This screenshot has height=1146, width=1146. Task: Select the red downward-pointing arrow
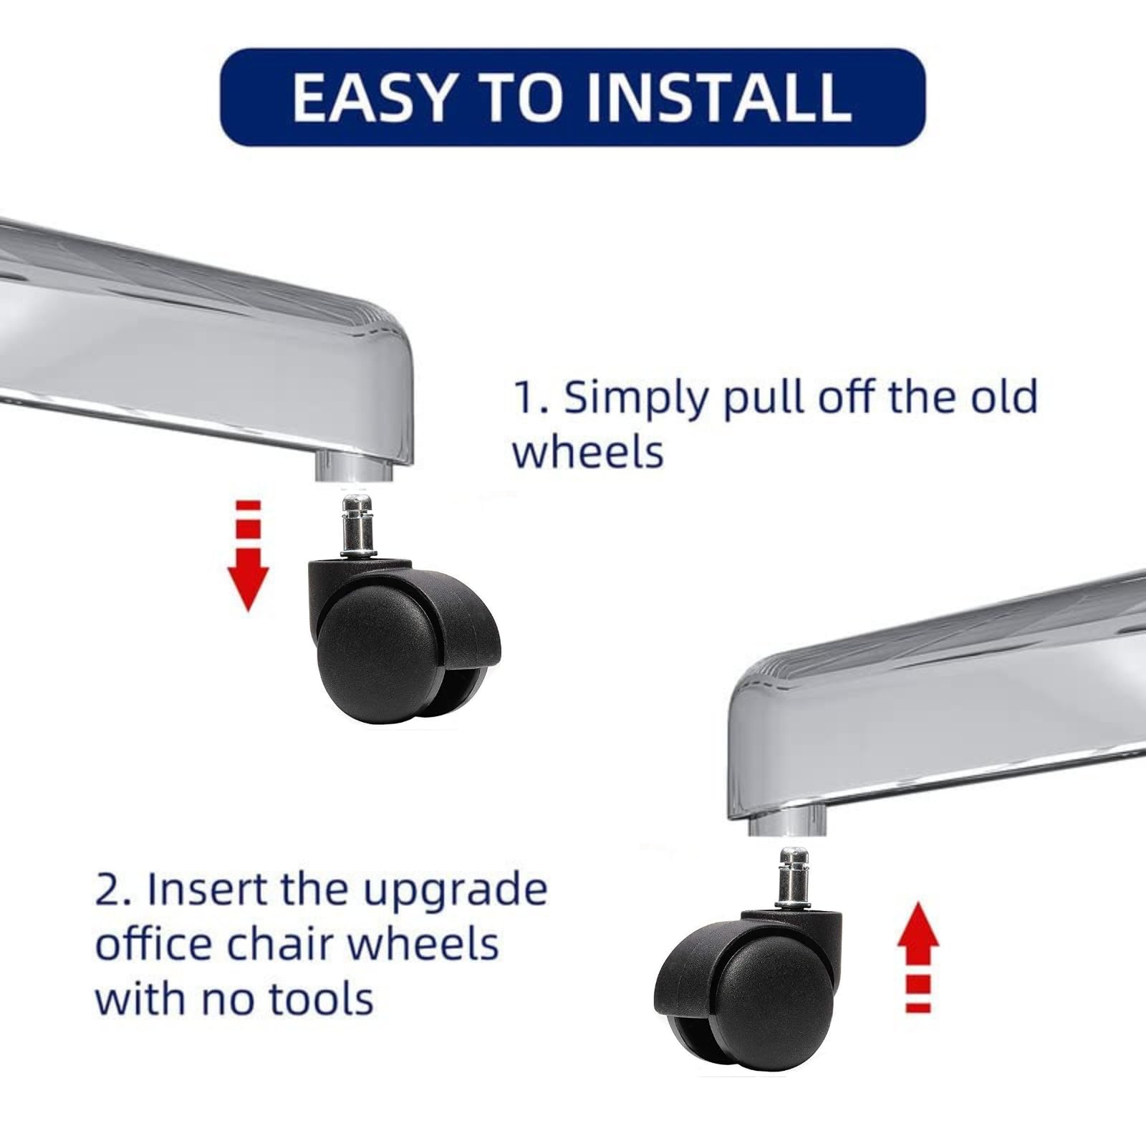(248, 556)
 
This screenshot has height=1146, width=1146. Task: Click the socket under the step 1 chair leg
(354, 469)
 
